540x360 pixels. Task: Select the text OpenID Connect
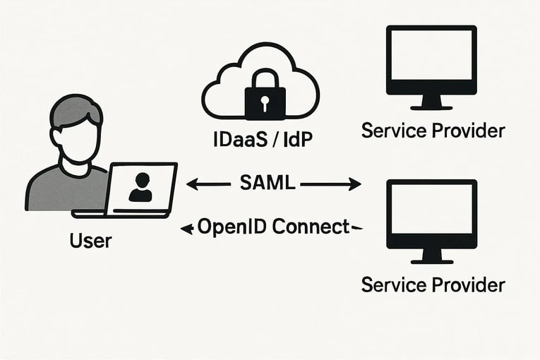(273, 227)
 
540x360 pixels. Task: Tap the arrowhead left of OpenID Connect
(186, 228)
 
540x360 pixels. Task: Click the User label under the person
(90, 241)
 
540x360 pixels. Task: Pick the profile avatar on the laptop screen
(140, 186)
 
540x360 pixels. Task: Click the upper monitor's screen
(431, 59)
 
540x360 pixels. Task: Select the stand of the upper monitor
(431, 103)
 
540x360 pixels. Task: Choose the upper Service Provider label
(433, 131)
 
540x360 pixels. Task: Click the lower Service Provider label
(433, 284)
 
